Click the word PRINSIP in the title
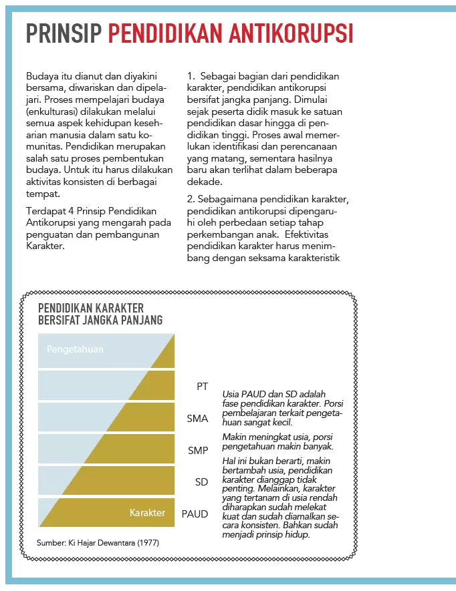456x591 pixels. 64,33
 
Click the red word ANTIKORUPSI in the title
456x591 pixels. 286,33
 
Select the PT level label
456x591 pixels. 202,387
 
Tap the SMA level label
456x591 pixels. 198,419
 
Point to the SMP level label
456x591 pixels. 198,451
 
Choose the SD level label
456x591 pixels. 201,482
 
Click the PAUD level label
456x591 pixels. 195,514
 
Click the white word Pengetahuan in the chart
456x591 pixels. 75,349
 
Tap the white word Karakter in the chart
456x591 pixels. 147,513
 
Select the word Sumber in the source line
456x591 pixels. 51,543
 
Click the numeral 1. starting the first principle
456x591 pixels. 191,77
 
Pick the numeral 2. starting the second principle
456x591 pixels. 191,200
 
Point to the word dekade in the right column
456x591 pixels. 203,182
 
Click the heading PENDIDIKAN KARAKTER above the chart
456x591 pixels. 91,308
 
